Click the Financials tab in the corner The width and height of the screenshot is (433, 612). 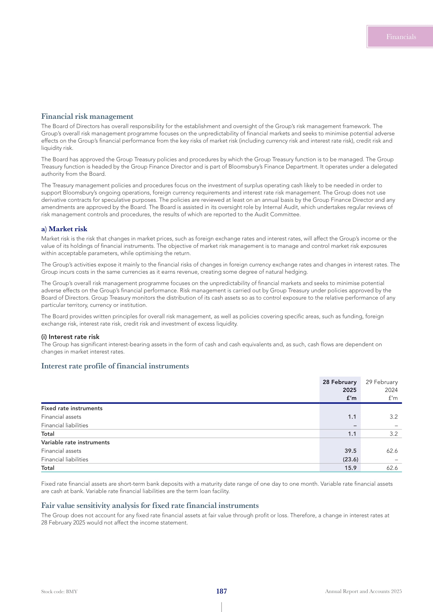(401, 37)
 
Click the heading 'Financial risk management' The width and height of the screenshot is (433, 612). (87, 116)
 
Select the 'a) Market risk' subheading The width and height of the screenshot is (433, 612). (64, 229)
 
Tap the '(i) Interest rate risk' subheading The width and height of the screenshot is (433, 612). (70, 337)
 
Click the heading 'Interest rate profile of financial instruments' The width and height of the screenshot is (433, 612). (115, 366)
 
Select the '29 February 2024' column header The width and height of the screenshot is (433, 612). (381, 390)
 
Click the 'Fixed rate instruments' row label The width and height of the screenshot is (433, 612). (72, 408)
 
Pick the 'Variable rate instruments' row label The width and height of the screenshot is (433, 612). (75, 442)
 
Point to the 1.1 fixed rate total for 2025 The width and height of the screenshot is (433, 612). (352, 434)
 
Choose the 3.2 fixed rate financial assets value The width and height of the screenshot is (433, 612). (393, 417)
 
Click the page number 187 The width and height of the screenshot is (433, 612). (221, 591)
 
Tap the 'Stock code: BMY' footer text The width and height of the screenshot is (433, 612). (59, 592)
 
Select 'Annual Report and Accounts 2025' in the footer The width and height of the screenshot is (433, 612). (363, 591)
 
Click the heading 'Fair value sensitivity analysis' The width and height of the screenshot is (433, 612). (150, 506)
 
